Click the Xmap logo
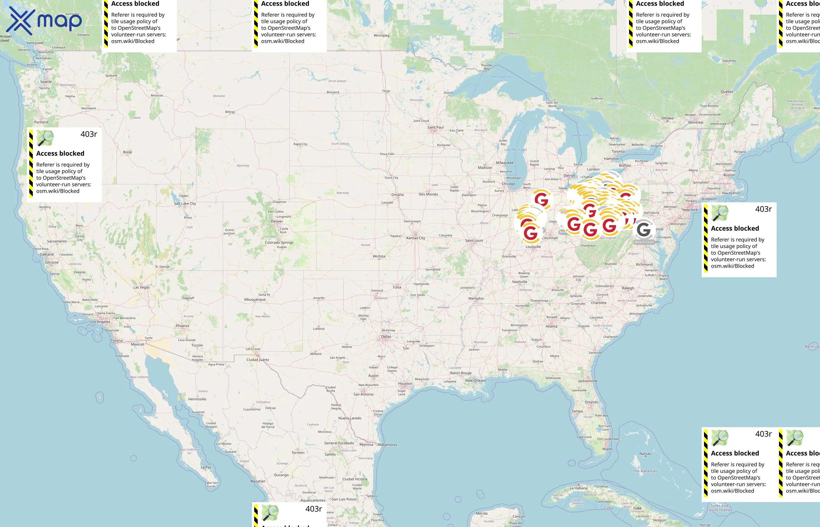point(44,21)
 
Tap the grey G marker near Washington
point(643,230)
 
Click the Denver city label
point(277,221)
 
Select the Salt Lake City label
point(185,203)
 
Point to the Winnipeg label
point(381,36)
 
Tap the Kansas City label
point(416,238)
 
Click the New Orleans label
point(475,381)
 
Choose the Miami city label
point(607,449)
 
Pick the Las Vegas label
point(141,288)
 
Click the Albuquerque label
point(254,300)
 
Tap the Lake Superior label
point(500,77)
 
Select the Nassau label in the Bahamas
point(645,454)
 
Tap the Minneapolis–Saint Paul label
point(435,127)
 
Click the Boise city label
point(127,152)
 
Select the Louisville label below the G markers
point(533,247)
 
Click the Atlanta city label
point(551,326)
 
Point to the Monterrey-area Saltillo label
point(330,454)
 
